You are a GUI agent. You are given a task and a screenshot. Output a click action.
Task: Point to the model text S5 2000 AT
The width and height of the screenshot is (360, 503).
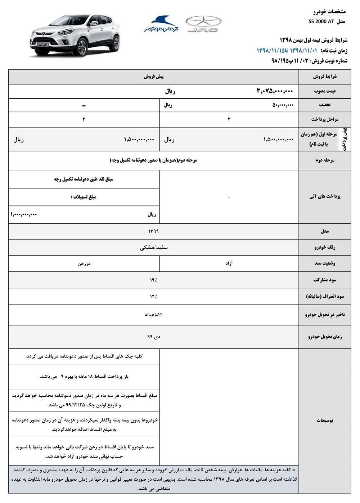322,21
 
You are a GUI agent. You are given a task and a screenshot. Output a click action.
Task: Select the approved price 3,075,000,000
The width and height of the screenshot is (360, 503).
275,92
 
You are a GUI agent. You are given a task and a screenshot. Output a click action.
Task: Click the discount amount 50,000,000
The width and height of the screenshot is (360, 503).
283,105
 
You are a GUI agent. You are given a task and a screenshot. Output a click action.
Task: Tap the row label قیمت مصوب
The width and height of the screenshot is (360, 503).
325,92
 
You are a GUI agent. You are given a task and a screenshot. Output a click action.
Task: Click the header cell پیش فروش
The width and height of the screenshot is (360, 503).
154,77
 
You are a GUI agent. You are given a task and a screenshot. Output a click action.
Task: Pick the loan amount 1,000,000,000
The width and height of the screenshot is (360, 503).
24,214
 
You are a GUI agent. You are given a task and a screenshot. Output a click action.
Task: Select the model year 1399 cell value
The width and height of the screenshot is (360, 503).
153,231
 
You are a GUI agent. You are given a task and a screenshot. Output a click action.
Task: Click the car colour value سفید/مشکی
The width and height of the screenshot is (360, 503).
154,248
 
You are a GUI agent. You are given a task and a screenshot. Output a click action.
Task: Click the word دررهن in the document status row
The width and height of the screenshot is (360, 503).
84,263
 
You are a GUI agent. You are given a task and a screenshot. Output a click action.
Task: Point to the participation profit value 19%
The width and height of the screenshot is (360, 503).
154,280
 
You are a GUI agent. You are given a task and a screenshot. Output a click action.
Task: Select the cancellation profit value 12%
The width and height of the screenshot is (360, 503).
154,297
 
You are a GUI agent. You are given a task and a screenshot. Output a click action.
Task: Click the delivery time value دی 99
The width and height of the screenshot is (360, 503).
154,337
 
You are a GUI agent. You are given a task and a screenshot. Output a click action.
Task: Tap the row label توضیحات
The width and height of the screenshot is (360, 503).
325,420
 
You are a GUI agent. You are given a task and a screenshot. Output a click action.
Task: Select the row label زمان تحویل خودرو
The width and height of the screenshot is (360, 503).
325,337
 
